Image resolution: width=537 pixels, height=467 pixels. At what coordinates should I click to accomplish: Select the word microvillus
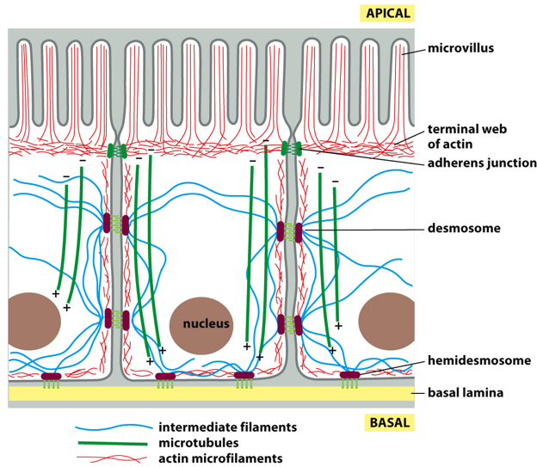click(460, 48)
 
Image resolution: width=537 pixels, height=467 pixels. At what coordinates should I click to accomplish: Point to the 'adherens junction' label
click(482, 163)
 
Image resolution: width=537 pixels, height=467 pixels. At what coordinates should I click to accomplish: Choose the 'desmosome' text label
click(464, 230)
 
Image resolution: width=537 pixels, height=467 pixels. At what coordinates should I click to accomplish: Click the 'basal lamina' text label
click(465, 394)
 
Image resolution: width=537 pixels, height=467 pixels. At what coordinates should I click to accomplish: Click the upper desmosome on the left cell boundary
click(116, 224)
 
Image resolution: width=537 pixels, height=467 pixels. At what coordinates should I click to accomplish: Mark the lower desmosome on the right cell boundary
click(289, 324)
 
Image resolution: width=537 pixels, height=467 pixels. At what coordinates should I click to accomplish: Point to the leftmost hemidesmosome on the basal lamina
click(52, 377)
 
